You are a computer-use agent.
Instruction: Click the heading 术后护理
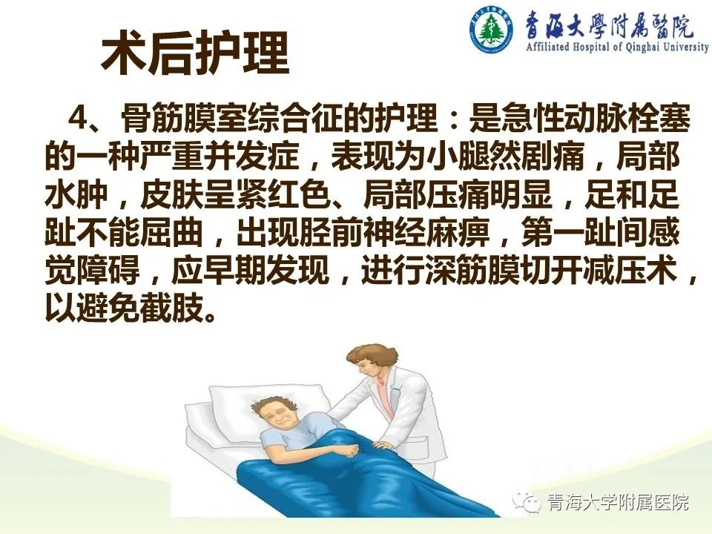pyautogui.click(x=195, y=53)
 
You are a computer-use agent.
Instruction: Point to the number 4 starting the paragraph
pyautogui.click(x=78, y=119)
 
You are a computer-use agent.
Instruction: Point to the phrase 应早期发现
pyautogui.click(x=251, y=271)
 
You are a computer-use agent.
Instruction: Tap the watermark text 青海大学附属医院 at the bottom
pyautogui.click(x=618, y=503)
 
